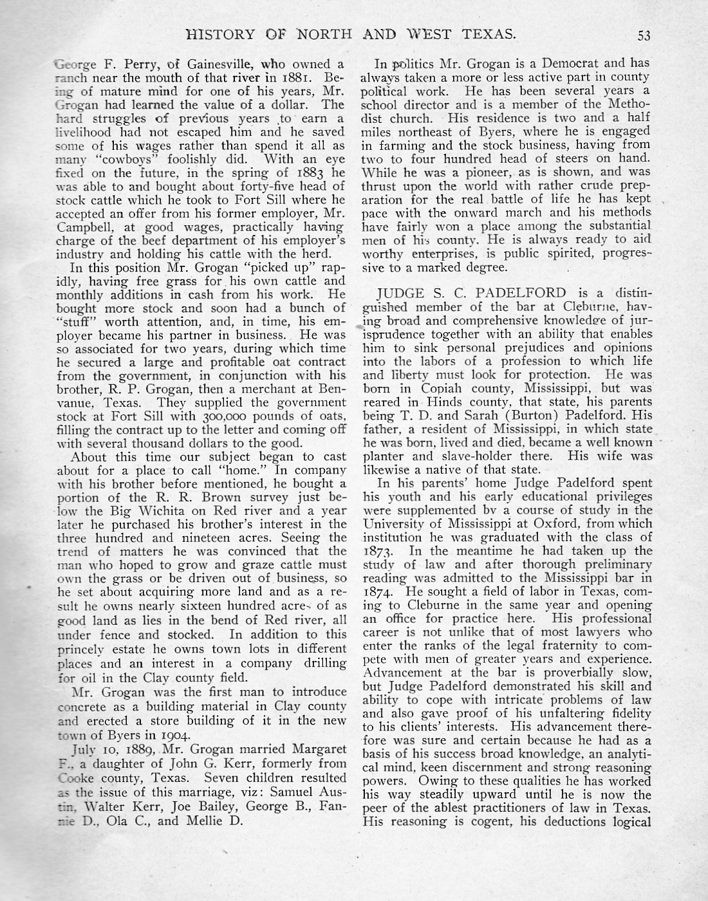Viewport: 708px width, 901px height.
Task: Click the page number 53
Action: pyautogui.click(x=644, y=35)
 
